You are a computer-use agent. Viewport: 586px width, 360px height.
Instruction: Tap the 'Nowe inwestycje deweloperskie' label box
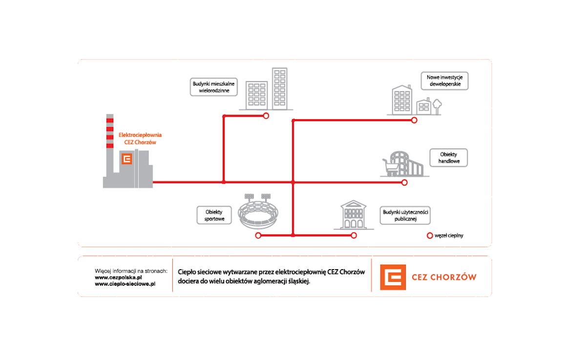coord(444,81)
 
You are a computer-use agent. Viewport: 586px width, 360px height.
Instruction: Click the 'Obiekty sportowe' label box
coord(214,215)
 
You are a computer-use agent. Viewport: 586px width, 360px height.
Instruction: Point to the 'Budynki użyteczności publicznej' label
coord(405,215)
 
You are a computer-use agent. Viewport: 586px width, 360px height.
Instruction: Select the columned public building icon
coord(353,215)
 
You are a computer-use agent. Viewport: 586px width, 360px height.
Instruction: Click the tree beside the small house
coord(437,105)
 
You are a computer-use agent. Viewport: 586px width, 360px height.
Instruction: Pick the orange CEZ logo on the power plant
coord(127,159)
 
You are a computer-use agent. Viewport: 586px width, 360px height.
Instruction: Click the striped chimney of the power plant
coord(110,139)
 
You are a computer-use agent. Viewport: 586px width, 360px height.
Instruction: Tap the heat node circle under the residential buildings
coord(266,116)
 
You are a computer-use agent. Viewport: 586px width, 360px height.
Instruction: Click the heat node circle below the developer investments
coord(414,120)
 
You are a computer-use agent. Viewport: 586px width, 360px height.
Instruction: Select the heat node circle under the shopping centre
coord(404,183)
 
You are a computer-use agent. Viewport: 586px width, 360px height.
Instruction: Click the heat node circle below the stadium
coord(258,235)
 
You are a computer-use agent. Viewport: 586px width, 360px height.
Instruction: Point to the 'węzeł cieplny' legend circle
coord(430,235)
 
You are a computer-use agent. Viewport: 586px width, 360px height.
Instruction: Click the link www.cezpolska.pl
coord(118,277)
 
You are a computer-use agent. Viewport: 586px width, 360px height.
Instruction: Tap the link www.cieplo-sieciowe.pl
coord(125,283)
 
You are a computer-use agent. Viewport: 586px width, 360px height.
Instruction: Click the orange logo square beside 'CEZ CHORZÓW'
coord(393,277)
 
